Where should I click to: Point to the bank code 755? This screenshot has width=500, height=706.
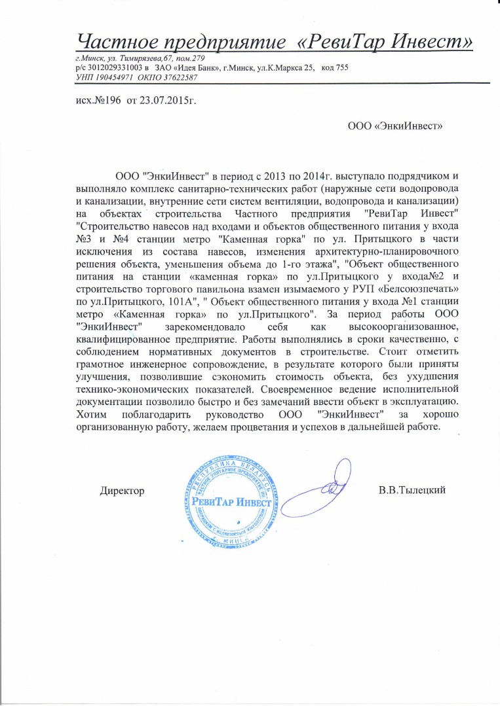(341, 68)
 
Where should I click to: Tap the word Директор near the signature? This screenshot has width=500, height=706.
(122, 489)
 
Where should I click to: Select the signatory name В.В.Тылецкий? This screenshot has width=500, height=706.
(412, 489)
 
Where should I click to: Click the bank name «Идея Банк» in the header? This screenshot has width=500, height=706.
(202, 68)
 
